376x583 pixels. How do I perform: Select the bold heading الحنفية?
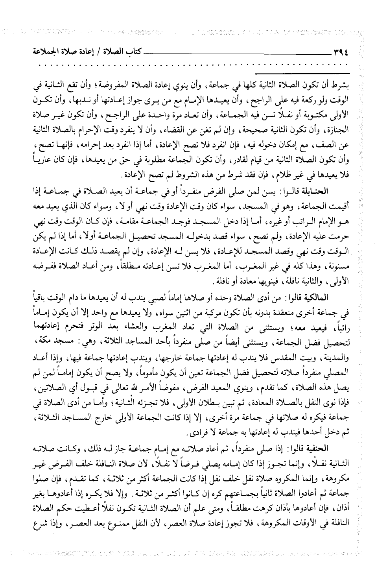(x=333, y=449)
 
